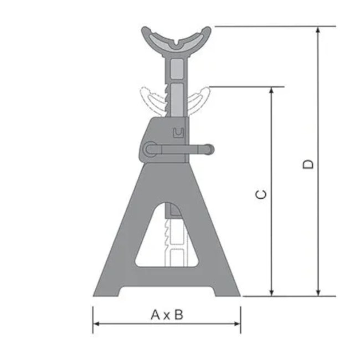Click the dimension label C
[x=262, y=194]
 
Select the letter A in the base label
[x=157, y=315]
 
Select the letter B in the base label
[x=178, y=315]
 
